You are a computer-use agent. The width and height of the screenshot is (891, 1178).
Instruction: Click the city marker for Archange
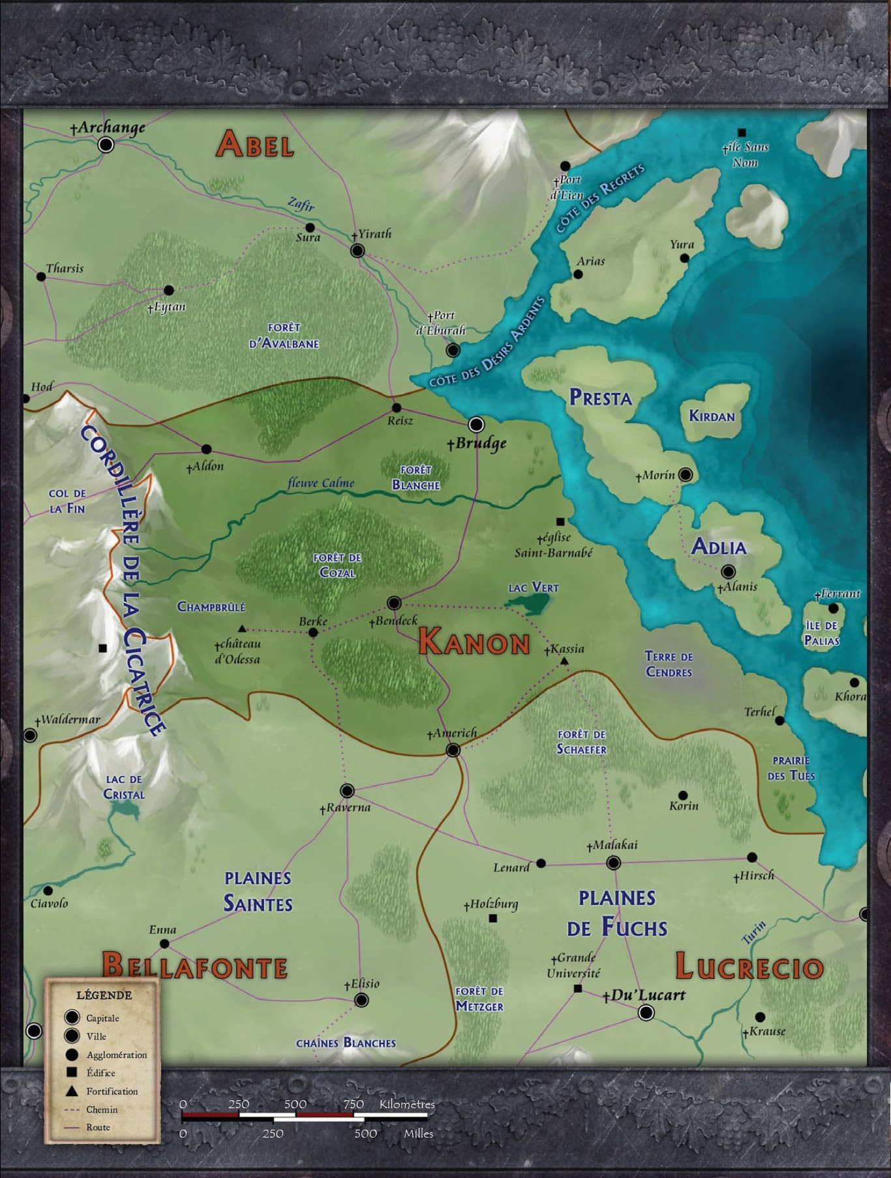click(106, 144)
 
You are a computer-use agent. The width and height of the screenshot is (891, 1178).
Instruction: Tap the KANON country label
click(474, 642)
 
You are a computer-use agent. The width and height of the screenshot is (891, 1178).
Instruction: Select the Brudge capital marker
click(477, 425)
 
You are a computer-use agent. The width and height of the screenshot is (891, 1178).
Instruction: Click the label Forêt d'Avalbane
click(284, 335)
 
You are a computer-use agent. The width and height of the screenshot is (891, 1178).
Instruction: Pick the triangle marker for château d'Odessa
click(242, 629)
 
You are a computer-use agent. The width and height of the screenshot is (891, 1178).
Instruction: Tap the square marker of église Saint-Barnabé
click(560, 521)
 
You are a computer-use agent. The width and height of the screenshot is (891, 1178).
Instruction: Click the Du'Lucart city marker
click(646, 1012)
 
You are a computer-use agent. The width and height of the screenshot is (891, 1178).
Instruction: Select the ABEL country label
click(255, 144)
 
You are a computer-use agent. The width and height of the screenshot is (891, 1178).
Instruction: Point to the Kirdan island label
click(712, 416)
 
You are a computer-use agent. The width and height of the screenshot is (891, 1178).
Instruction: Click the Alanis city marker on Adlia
click(729, 572)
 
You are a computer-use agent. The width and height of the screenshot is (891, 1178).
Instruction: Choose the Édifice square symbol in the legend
click(72, 1072)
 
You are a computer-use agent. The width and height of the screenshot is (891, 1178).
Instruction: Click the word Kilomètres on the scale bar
click(407, 1104)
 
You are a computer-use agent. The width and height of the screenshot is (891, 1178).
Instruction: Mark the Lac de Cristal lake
click(125, 811)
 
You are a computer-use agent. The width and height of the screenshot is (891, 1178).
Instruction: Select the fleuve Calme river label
click(321, 484)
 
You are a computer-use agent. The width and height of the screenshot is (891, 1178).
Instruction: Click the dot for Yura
click(684, 258)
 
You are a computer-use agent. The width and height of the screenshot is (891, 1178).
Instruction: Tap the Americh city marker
click(453, 750)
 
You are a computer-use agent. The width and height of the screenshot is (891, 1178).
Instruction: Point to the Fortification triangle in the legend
click(72, 1091)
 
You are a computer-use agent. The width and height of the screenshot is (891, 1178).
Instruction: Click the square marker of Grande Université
click(577, 989)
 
